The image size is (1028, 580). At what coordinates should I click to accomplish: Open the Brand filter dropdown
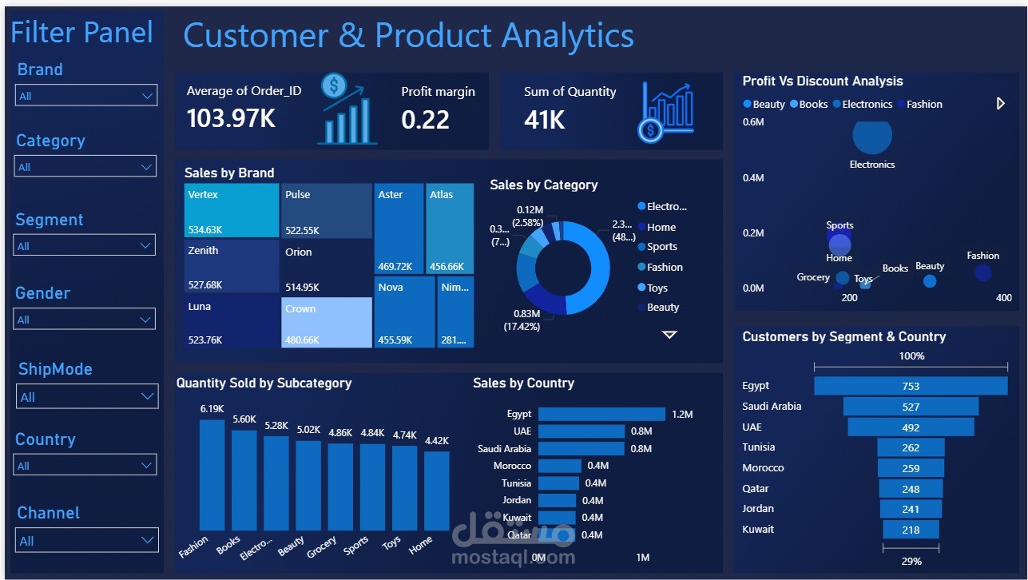pyautogui.click(x=86, y=96)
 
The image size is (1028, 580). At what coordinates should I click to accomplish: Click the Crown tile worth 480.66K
pyautogui.click(x=327, y=323)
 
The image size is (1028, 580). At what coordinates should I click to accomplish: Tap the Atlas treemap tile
pyautogui.click(x=450, y=228)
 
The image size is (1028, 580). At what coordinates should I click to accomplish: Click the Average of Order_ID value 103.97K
pyautogui.click(x=232, y=119)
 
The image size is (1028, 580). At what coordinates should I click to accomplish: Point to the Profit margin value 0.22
pyautogui.click(x=425, y=120)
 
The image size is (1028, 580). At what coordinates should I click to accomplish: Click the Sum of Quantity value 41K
pyautogui.click(x=545, y=120)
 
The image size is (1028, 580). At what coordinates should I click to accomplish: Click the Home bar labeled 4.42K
pyautogui.click(x=437, y=491)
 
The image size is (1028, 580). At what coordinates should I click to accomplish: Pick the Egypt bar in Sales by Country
pyautogui.click(x=601, y=414)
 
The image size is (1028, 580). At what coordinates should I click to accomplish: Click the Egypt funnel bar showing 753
pyautogui.click(x=911, y=386)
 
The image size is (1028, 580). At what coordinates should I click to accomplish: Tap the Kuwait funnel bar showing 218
pyautogui.click(x=911, y=530)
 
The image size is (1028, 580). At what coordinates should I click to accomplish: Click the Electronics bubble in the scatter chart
pyautogui.click(x=871, y=137)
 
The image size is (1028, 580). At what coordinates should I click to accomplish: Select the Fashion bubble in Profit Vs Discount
pyautogui.click(x=982, y=272)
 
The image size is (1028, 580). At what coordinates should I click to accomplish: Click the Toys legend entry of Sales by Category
pyautogui.click(x=657, y=288)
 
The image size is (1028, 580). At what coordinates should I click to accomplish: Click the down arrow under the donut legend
pyautogui.click(x=669, y=335)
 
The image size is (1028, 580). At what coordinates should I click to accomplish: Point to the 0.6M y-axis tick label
pyautogui.click(x=753, y=122)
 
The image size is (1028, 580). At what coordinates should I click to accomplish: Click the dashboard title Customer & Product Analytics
pyautogui.click(x=408, y=36)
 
